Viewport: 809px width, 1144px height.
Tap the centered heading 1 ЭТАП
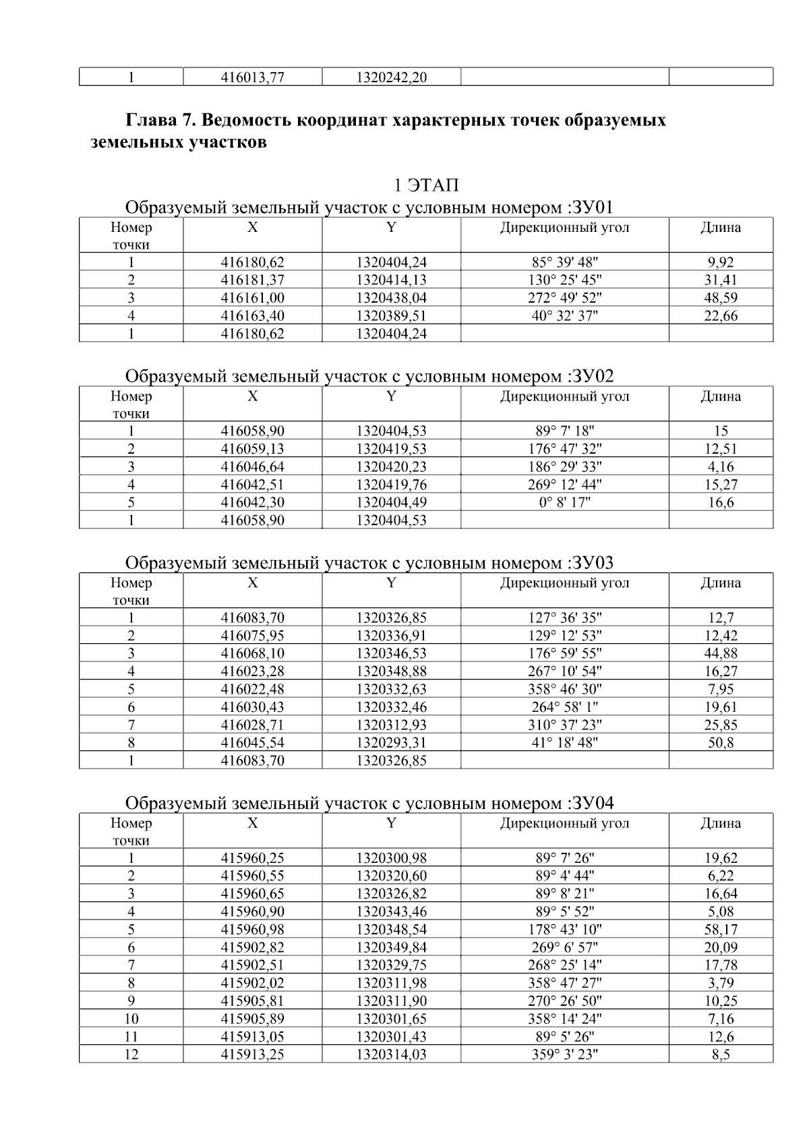(426, 185)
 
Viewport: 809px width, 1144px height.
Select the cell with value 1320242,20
(391, 78)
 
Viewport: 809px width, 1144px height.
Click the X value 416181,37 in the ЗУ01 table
(252, 280)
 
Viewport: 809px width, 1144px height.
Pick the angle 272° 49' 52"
(564, 297)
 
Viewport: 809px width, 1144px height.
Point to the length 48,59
(720, 297)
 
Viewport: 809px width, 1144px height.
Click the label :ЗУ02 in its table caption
(591, 375)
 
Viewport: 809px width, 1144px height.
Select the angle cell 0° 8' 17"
(564, 502)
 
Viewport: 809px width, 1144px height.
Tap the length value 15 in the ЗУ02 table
(720, 431)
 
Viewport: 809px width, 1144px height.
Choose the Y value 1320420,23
(391, 466)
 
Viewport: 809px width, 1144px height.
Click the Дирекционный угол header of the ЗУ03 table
(564, 583)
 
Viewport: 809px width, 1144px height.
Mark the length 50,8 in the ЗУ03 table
(720, 743)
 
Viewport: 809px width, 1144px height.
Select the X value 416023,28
(252, 671)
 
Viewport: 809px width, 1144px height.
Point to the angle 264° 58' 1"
(564, 707)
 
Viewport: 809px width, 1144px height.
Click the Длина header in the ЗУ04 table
(720, 823)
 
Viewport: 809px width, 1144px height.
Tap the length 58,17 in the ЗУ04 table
(720, 930)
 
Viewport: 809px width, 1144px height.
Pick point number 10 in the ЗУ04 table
(131, 1019)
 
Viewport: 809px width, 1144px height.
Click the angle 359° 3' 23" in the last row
(564, 1054)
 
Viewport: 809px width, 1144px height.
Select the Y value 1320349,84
(391, 947)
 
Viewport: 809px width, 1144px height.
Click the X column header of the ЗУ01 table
(252, 228)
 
